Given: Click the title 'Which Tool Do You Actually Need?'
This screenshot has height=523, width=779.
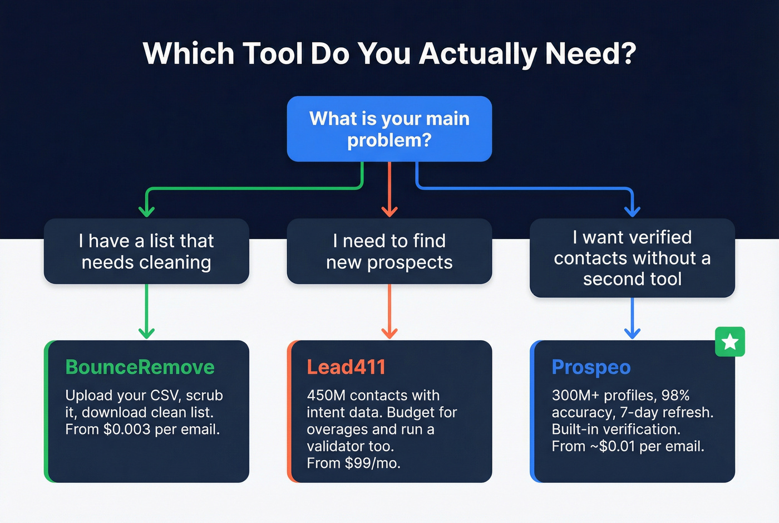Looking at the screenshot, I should tap(389, 53).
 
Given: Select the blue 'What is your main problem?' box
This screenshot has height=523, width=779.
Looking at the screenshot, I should tap(389, 129).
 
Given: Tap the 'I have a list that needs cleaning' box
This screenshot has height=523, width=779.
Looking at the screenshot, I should tap(146, 251).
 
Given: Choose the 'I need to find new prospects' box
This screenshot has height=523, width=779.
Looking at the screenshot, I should tap(389, 251).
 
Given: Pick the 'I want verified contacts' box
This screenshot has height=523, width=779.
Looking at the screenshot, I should tap(632, 258).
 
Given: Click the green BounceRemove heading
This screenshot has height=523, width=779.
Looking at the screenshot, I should tap(140, 367).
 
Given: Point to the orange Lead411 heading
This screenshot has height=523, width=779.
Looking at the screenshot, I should tap(346, 367).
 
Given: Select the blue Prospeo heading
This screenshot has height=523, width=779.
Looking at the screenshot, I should tap(591, 367).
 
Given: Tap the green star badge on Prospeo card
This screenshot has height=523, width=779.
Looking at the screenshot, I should tap(729, 341).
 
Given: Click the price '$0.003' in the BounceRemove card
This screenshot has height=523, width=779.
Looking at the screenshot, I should tap(127, 429).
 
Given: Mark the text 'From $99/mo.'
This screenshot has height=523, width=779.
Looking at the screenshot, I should tap(353, 463).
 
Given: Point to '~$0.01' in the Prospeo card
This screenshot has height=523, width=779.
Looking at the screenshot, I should tap(613, 447).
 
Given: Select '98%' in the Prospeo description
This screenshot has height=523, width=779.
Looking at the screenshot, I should tap(676, 395).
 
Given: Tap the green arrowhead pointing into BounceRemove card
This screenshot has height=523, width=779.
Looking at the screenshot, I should tap(146, 333).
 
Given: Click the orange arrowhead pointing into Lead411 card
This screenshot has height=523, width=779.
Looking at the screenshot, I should tap(389, 333).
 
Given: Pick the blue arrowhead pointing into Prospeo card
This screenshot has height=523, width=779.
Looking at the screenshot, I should tap(632, 333).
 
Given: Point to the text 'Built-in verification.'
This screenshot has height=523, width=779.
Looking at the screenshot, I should tap(616, 429).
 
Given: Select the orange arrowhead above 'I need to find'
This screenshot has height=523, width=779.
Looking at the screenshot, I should tap(389, 211).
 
